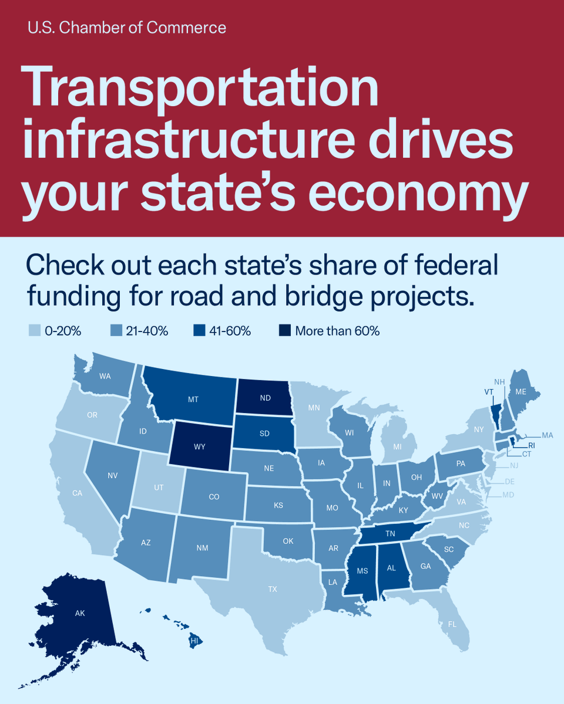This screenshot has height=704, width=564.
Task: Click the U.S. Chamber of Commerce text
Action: click(126, 28)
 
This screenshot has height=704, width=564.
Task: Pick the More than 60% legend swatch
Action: click(285, 331)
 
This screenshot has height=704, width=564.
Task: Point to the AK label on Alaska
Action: click(80, 613)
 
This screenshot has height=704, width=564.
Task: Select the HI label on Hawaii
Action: click(194, 641)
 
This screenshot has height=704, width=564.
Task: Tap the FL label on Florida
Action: click(452, 624)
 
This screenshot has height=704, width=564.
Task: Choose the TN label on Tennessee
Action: click(390, 534)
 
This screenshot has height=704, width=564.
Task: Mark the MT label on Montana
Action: click(193, 399)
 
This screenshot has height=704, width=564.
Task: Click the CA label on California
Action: click(77, 493)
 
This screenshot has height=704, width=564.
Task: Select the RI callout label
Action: click(531, 445)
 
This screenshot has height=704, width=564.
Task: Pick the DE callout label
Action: click(509, 481)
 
